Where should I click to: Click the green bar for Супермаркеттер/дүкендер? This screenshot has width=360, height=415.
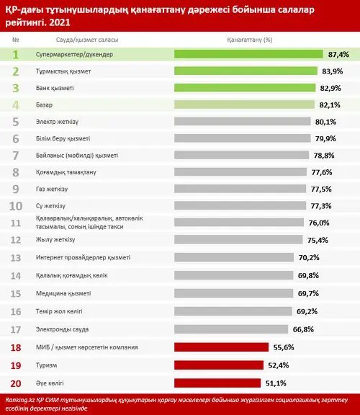coord(248,54)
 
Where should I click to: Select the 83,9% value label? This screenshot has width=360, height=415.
coord(333,71)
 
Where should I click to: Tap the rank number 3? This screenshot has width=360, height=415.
coord(16,88)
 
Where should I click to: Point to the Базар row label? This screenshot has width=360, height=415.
coord(44,105)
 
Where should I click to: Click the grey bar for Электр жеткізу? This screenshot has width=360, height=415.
coord(243,122)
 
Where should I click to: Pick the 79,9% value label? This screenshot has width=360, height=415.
coord(325,138)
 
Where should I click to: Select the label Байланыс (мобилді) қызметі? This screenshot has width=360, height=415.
coord(77,156)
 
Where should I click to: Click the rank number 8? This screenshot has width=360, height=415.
coord(16,172)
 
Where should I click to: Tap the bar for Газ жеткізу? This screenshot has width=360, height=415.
coord(240,189)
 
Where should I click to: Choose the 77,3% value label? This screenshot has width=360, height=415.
coord(321,206)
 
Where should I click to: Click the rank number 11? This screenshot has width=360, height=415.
coord(16,223)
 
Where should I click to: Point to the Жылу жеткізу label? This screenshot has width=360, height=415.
coord(55,239)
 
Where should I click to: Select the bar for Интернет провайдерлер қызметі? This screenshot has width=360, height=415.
coord(234,257)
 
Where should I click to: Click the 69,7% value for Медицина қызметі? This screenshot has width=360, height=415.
coord(308,293)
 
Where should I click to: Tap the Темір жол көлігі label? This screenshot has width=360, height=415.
coord(59,311)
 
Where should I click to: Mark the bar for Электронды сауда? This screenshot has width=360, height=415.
coord(231,329)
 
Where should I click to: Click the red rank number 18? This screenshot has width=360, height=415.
coord(16,347)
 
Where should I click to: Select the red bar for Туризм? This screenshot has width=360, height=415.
coord(219,365)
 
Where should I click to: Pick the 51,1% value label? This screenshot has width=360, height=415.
coord(276,383)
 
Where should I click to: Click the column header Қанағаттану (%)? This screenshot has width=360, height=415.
coord(250,40)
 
